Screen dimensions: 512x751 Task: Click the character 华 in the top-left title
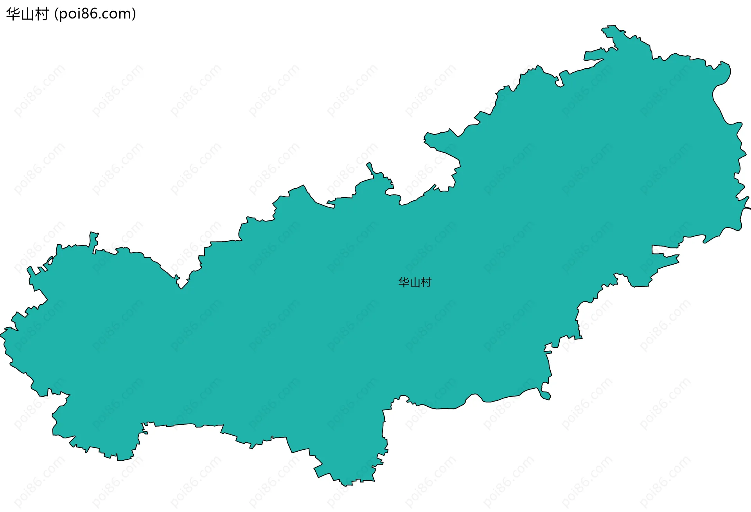[x=13, y=14]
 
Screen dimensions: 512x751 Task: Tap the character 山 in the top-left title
[x=27, y=14]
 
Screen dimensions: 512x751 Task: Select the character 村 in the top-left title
[x=41, y=14]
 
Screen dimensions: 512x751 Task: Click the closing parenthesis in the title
[x=134, y=14]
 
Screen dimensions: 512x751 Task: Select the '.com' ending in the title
[x=115, y=14]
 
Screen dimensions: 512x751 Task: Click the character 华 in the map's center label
[x=404, y=282]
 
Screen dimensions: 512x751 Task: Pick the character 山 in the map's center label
[x=415, y=282]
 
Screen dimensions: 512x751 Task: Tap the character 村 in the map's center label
[x=426, y=282]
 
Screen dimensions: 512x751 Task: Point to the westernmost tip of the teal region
[x=1, y=335]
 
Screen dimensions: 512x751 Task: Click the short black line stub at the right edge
[x=747, y=208]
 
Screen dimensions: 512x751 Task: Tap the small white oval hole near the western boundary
[x=50, y=260]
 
